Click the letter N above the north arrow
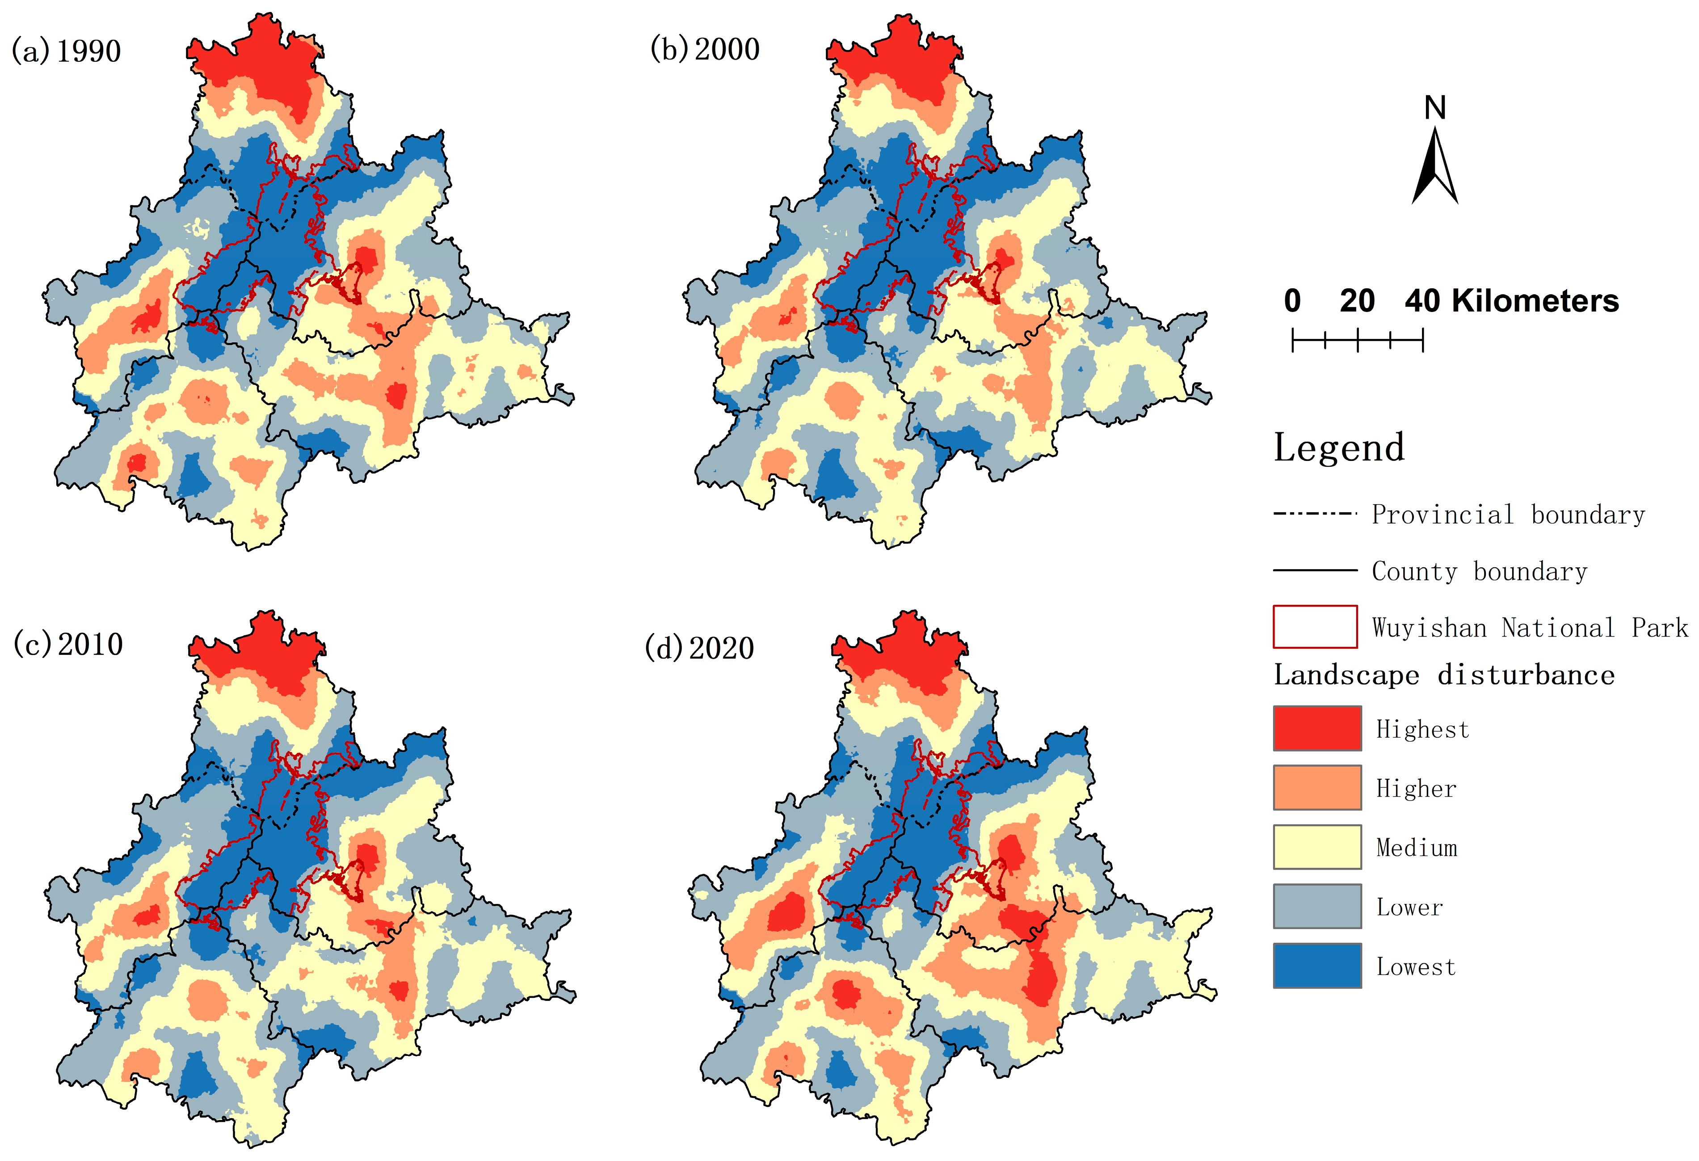1434,108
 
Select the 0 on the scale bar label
1292,301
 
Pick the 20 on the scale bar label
1357,301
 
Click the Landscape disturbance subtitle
1444,675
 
